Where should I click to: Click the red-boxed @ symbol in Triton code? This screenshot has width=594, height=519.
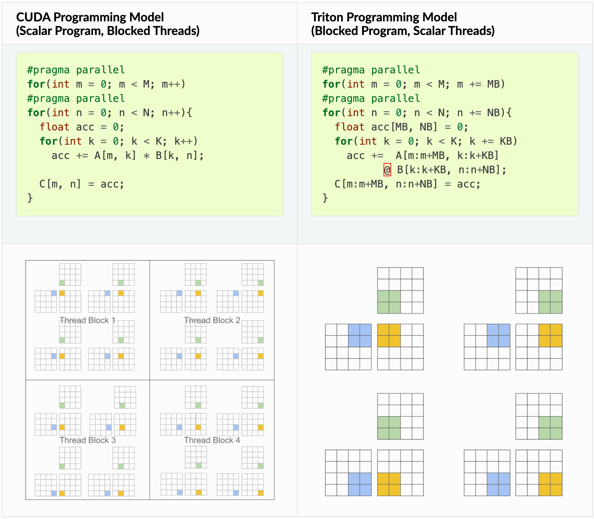coord(387,169)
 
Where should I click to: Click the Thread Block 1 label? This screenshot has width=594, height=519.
coord(87,320)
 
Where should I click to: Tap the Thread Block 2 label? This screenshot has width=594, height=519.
coord(212,320)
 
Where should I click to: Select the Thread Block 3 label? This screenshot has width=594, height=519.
coord(88,440)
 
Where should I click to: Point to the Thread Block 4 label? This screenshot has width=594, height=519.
coord(212,440)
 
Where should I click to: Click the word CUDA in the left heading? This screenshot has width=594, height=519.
coord(33,17)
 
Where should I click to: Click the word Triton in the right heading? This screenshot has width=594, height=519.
coord(327,17)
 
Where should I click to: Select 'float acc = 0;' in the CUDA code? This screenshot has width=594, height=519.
coord(82,127)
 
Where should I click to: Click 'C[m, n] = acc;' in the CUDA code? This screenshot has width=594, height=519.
coord(82,184)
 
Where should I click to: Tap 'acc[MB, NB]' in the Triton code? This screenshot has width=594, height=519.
coord(404,127)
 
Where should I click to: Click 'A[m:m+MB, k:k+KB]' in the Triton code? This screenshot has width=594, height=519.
coord(447,156)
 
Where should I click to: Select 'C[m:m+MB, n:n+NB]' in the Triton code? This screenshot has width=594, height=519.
coord(386,184)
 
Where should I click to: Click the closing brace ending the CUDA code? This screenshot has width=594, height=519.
coord(30,198)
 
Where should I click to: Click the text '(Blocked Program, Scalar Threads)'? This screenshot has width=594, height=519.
coord(403,31)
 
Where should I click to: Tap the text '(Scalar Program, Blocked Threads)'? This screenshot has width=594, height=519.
coord(108,31)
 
